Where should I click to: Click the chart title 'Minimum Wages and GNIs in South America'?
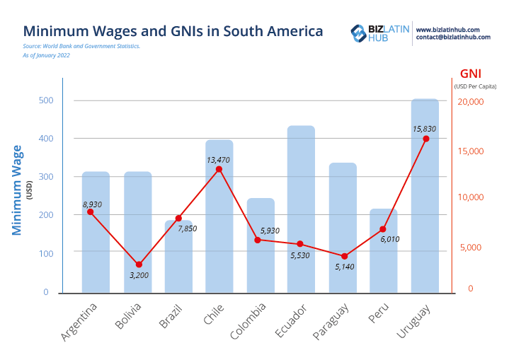coord(173,31)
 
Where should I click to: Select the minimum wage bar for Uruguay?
coord(425,198)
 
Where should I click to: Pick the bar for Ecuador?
coord(301,212)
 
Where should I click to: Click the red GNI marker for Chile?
coord(219,169)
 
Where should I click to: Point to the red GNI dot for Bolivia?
coord(139,265)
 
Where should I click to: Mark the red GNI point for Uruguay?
coord(425,139)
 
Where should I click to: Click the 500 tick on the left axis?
coord(46,100)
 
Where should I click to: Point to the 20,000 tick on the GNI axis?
coord(469,102)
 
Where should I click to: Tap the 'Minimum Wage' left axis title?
coord(17,190)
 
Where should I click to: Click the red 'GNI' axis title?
coord(471,74)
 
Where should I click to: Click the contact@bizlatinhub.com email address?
coord(452,37)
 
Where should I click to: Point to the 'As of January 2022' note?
coord(47,55)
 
